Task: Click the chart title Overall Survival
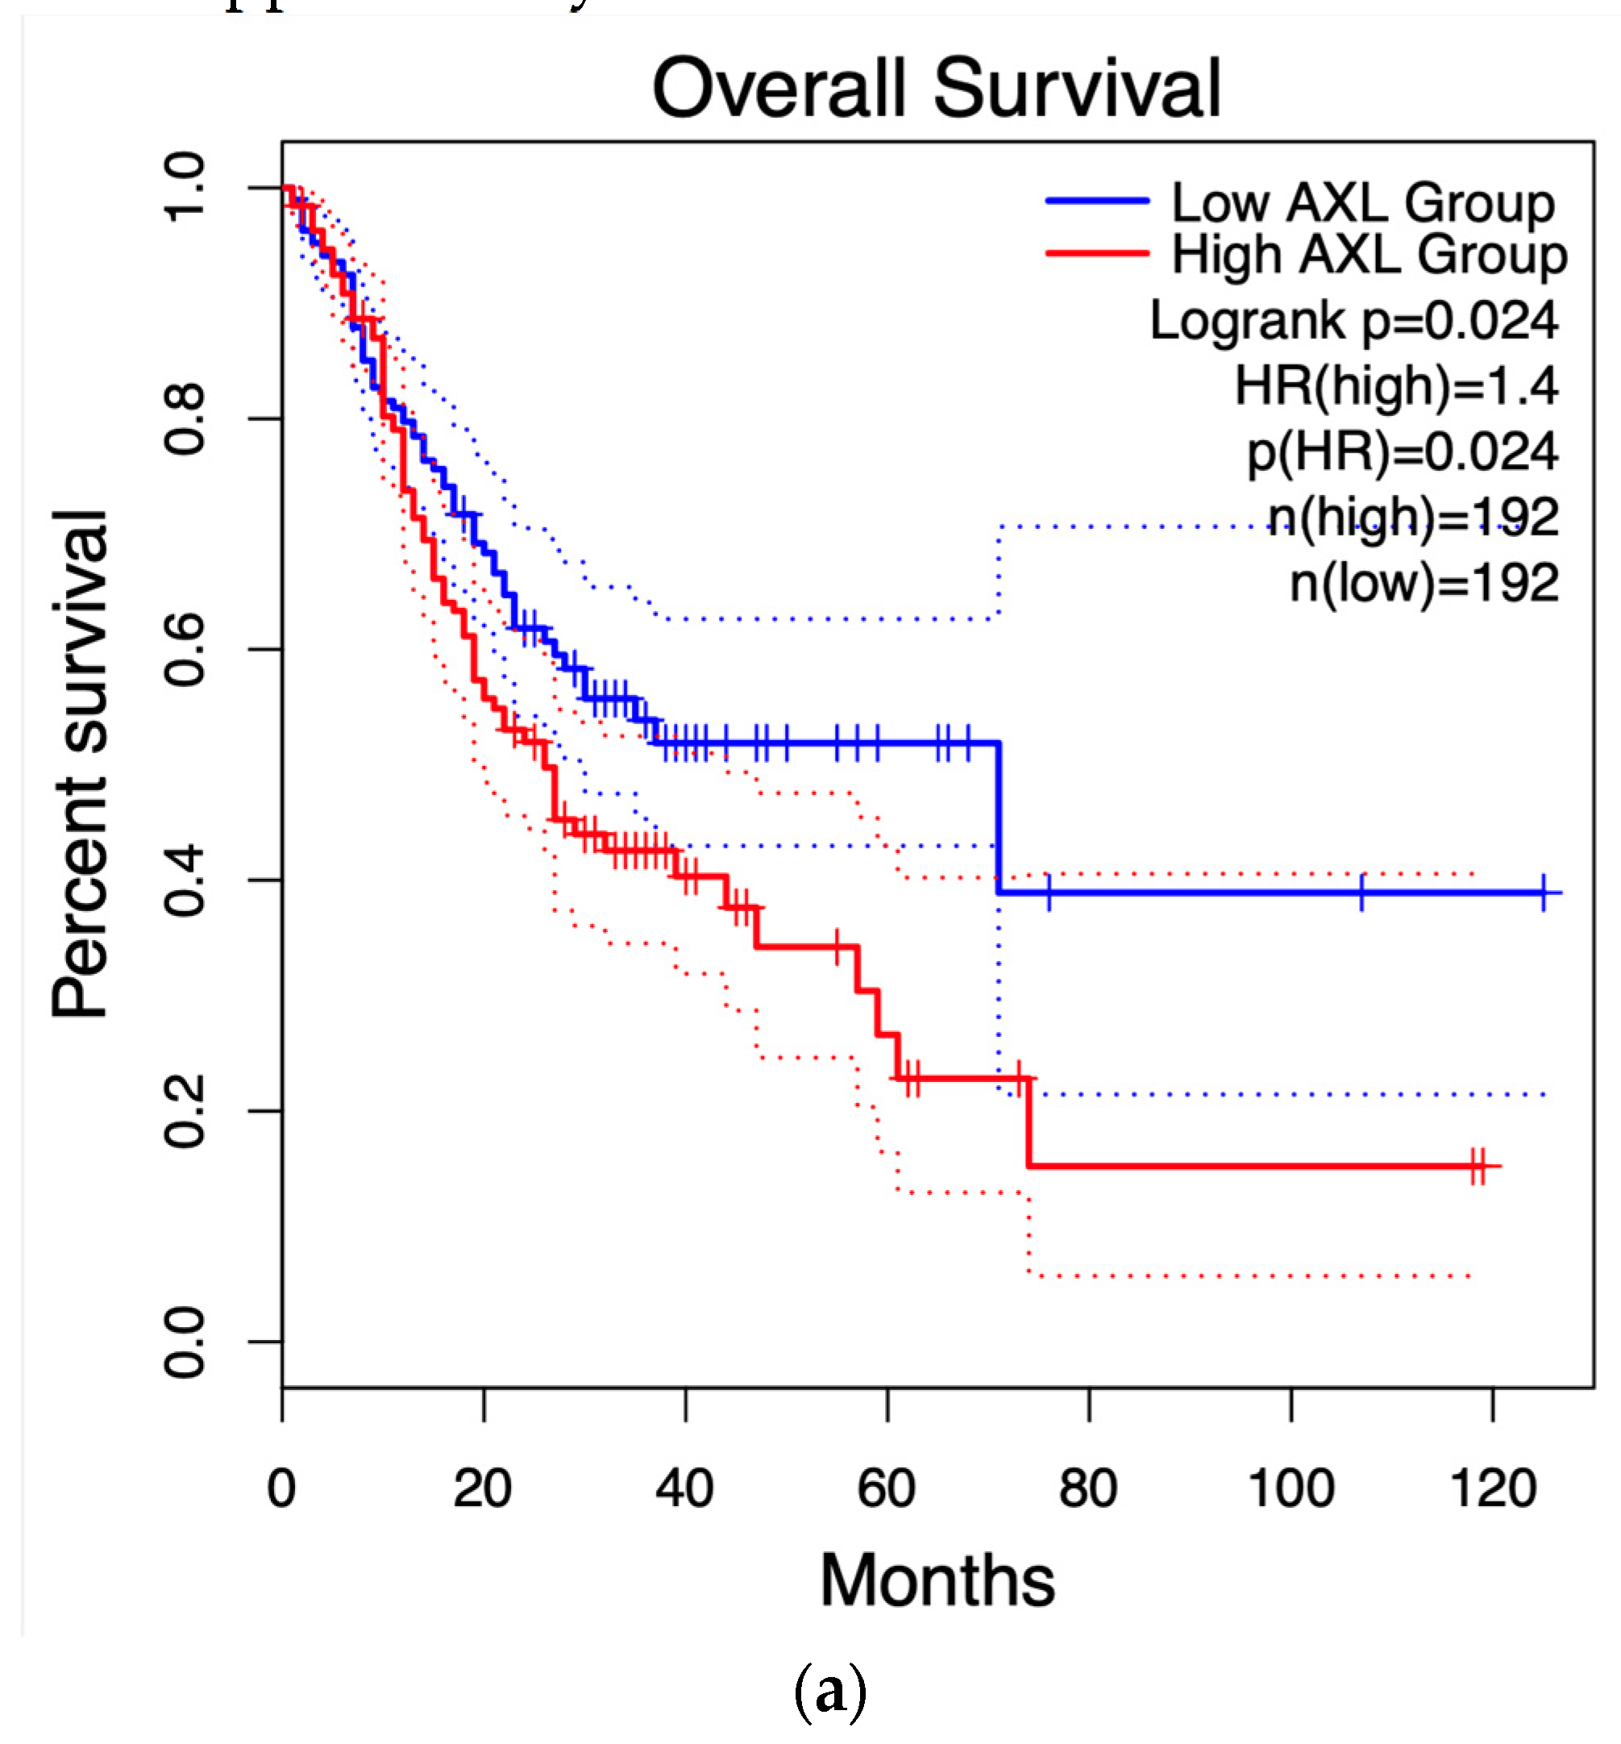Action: pos(936,89)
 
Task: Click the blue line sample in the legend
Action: pos(1096,201)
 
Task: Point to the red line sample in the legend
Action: pos(1096,253)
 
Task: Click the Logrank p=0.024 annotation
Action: pos(1353,320)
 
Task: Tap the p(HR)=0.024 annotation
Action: pos(1403,452)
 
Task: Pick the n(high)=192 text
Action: pos(1413,517)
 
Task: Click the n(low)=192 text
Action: pos(1424,582)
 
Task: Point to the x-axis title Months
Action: pos(937,1580)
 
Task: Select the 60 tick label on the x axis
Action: pos(886,1488)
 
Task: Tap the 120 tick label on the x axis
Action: pos(1493,1488)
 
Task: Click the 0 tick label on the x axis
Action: pos(281,1488)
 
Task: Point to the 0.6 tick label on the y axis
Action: pos(185,649)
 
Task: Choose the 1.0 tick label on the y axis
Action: pos(185,187)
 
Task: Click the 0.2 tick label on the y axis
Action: pos(185,1112)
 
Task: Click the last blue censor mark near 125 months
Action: pos(1544,893)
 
